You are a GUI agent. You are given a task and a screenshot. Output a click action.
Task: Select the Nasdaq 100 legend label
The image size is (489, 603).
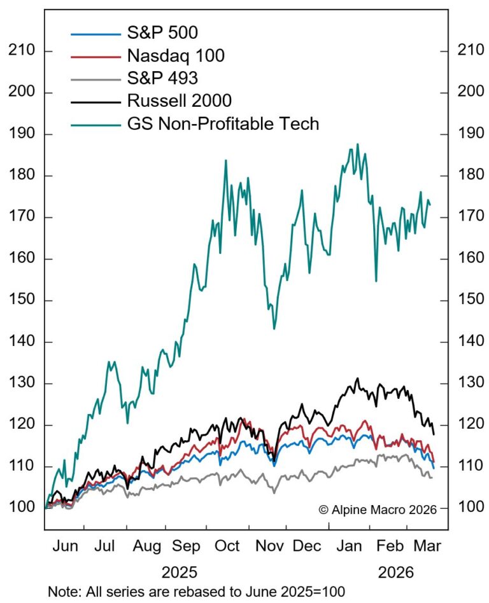[176, 56]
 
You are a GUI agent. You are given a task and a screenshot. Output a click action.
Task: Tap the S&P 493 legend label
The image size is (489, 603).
[162, 78]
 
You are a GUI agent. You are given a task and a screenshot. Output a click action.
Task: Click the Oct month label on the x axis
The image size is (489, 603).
[227, 546]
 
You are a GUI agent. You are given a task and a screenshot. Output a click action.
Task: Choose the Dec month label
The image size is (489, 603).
[307, 546]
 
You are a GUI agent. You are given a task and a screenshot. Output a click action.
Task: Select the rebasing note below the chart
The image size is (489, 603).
[196, 591]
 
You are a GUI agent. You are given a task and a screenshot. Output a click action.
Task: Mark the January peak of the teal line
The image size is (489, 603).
[358, 144]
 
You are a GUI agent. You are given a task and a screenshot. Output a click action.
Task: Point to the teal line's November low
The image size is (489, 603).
[274, 328]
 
